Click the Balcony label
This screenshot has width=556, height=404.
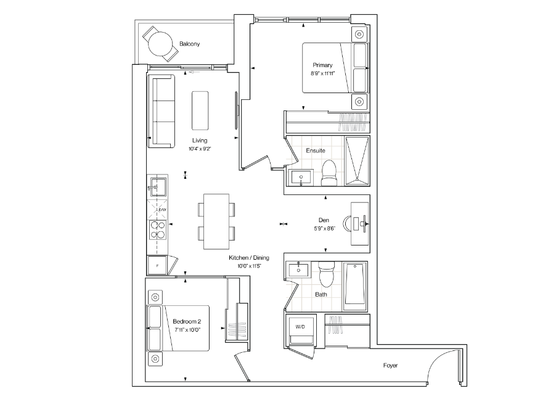pos(189,44)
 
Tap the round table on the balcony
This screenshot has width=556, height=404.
pos(160,44)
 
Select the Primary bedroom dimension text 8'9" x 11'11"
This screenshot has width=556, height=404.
pos(322,73)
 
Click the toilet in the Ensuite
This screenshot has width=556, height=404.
pos(329,173)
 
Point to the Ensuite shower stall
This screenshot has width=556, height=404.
pos(357,161)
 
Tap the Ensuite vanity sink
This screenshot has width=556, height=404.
pos(301,177)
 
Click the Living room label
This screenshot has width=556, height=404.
pos(200,141)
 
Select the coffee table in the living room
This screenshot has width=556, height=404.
pos(200,110)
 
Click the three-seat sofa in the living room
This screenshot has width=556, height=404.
pos(161,111)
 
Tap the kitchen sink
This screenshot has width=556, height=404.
pos(157,186)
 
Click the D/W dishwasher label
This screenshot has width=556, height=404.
pos(162,210)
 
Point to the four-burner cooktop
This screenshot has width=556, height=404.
pos(157,229)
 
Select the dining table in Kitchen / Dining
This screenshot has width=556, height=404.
pos(216,221)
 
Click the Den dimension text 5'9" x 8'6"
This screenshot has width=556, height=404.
pos(324,228)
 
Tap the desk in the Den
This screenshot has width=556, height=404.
pos(360,223)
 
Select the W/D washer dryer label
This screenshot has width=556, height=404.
pos(300,327)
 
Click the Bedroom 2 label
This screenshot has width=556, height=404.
pos(187,321)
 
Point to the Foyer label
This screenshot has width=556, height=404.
pos(390,365)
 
